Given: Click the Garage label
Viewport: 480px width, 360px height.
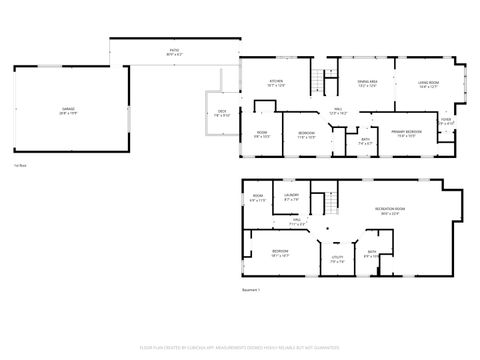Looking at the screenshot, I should point(68,113).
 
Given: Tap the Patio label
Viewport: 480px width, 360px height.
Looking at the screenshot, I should point(173,50).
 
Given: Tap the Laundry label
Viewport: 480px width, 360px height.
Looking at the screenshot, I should point(292,197).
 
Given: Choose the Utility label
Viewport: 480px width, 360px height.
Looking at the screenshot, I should point(337,258).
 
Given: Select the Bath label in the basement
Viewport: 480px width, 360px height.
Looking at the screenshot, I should point(371,254).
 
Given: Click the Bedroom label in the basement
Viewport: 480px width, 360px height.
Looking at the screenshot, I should point(280,253).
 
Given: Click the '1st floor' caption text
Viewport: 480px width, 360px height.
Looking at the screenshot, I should point(20,164).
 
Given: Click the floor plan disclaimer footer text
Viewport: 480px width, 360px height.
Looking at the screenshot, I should point(240,349).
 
